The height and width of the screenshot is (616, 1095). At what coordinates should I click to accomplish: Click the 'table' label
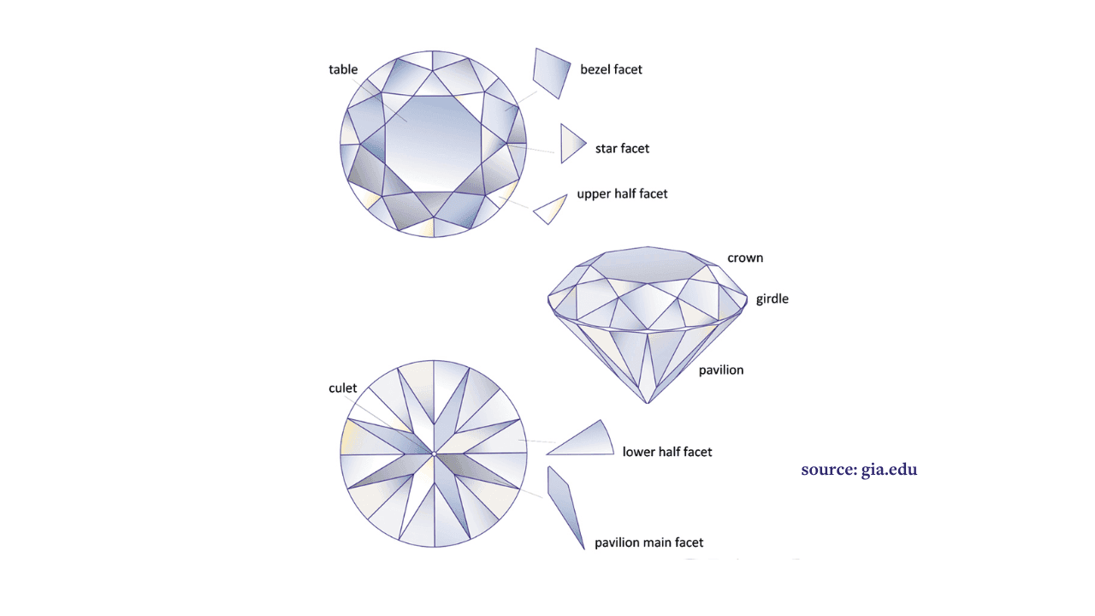point(343,69)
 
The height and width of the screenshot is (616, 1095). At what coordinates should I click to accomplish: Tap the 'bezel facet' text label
point(611,69)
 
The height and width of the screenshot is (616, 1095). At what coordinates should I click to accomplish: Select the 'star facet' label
point(622,149)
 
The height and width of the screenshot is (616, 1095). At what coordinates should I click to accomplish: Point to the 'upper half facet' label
point(622,194)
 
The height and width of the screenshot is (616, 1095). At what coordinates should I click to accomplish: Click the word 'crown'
point(745,258)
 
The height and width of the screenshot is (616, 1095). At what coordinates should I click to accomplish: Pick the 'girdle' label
point(772,299)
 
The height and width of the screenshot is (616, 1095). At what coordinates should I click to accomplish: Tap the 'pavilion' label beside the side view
point(721,370)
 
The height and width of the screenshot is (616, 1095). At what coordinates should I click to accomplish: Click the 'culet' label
point(343,388)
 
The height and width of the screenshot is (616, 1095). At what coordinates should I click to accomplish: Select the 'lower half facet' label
point(666,452)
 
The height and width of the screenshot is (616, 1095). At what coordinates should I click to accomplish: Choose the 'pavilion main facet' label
point(648,542)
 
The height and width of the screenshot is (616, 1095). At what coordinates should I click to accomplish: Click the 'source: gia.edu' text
point(859,470)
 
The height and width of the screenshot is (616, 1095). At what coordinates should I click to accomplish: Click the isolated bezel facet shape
point(552,74)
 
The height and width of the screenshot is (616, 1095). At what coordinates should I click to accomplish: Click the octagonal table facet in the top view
point(433,144)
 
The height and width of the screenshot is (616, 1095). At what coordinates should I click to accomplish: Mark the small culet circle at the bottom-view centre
point(434,454)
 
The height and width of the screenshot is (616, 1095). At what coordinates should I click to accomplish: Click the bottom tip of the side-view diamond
point(648,404)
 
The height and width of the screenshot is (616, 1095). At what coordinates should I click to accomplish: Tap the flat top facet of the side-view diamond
point(648,264)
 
